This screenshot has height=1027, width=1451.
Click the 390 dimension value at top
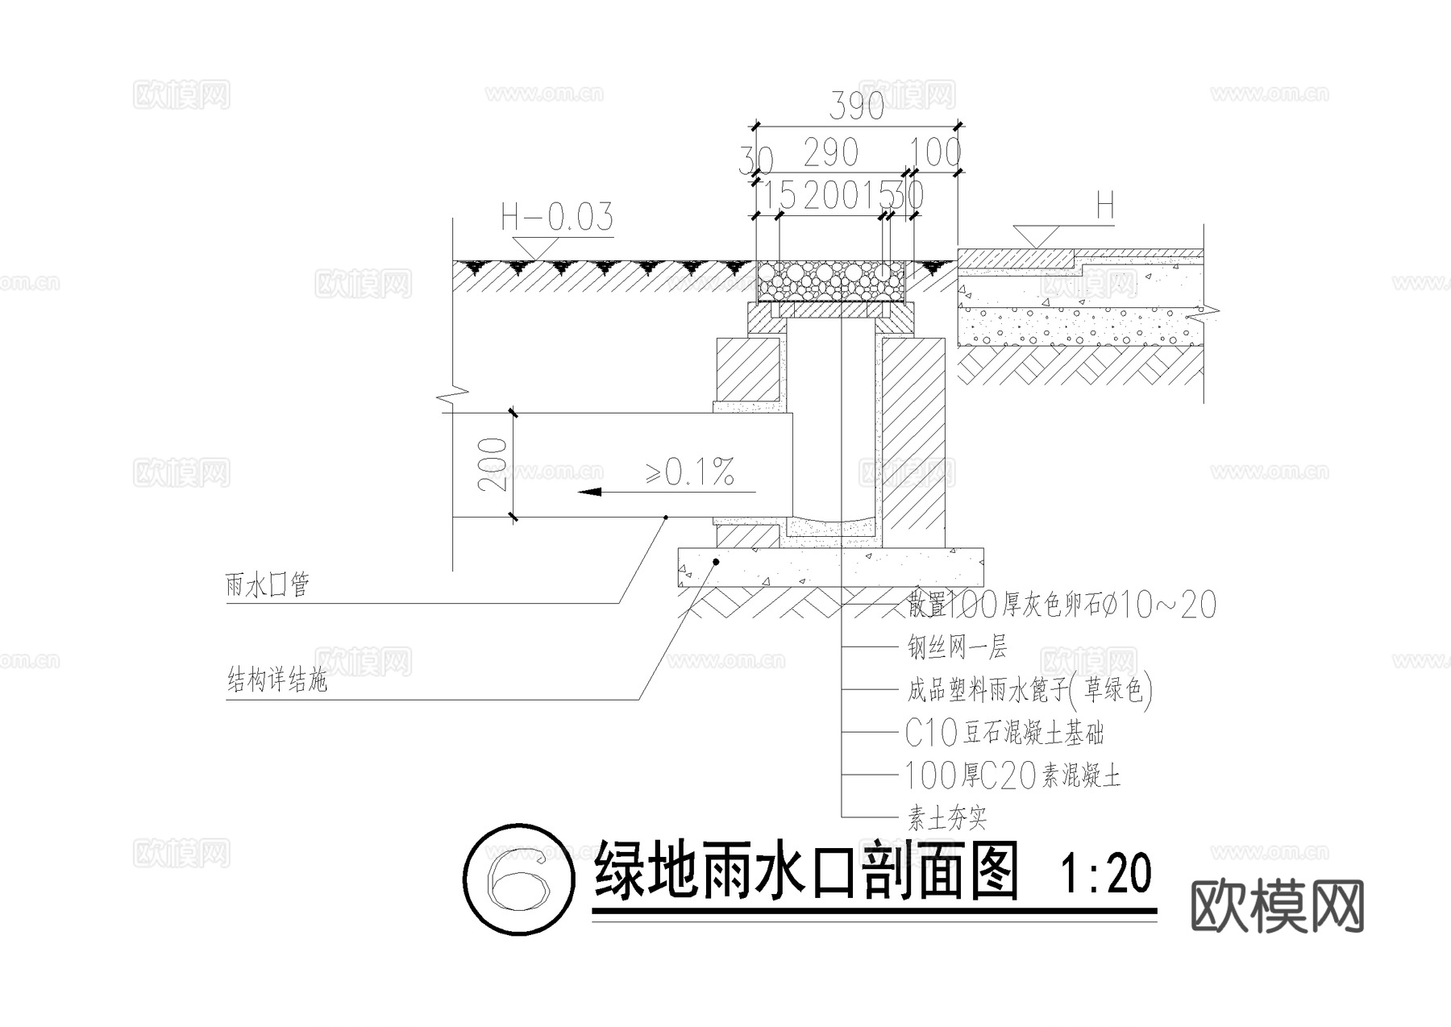click(x=856, y=106)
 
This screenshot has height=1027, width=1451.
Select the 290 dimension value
click(x=830, y=152)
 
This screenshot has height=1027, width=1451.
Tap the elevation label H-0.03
click(x=557, y=217)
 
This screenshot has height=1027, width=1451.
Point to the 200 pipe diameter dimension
click(x=493, y=464)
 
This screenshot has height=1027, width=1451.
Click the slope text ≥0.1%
click(x=690, y=472)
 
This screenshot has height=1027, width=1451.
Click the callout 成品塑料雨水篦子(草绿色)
click(x=1029, y=689)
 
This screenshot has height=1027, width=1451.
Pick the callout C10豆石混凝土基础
click(x=1004, y=733)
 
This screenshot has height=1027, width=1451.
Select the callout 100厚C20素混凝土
click(x=1012, y=776)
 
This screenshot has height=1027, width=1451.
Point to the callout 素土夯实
click(x=947, y=820)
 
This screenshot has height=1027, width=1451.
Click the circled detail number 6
click(x=519, y=879)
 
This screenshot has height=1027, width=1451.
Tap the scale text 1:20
click(x=1106, y=874)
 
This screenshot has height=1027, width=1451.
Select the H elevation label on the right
click(x=1104, y=208)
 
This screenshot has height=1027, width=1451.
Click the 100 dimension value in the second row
click(x=935, y=152)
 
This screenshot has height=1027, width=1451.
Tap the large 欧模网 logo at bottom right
click(x=1277, y=906)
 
